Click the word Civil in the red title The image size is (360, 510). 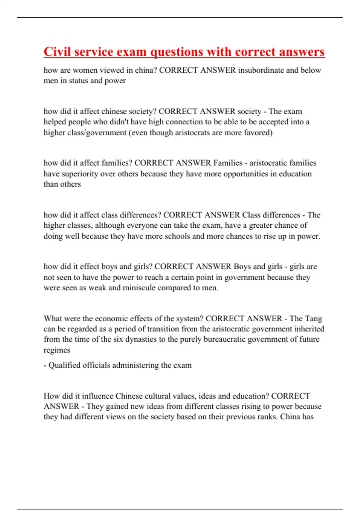coord(57,52)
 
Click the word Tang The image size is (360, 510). coord(313,318)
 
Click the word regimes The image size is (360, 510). coord(57,350)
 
